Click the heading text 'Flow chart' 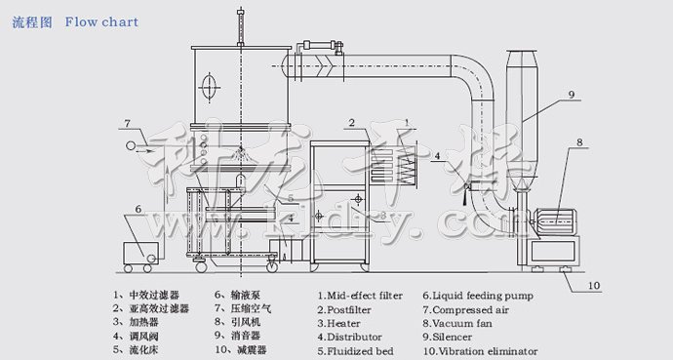tap(101, 21)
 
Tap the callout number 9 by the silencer tap(572, 95)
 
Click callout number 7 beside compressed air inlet tap(127, 123)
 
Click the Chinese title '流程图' tap(31, 21)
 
